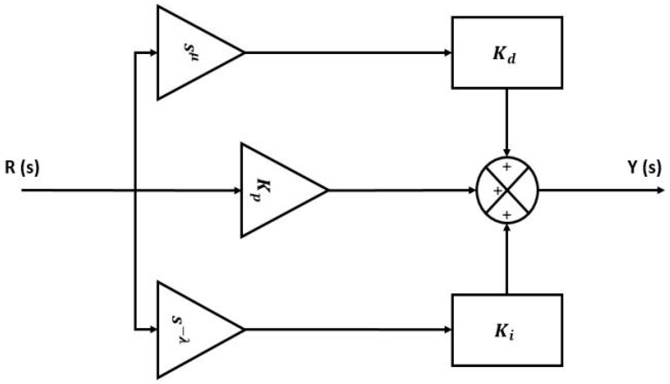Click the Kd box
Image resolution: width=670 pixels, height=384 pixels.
507,53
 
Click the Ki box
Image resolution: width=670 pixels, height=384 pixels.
507,330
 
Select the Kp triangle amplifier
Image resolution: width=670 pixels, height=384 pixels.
274,190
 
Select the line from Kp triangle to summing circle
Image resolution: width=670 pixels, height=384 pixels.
395,190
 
